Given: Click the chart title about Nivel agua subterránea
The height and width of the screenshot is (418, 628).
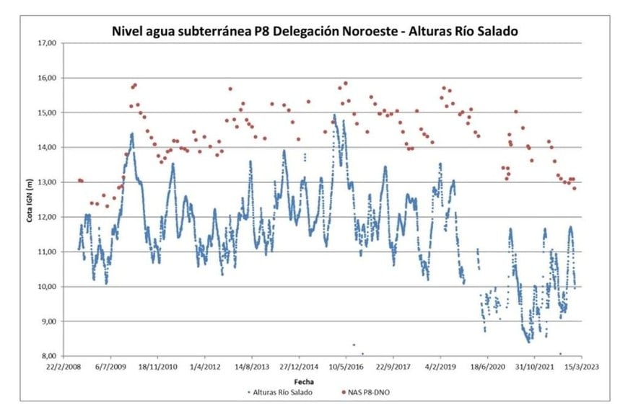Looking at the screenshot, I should pos(314,31).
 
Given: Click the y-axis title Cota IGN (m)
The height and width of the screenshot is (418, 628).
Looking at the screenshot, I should pos(31,199).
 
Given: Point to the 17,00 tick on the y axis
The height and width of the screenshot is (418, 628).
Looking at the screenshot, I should pos(46,43).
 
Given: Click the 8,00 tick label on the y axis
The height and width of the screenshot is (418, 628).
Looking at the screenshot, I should pos(48,356).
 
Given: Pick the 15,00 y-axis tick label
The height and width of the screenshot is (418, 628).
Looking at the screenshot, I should pos(46,112).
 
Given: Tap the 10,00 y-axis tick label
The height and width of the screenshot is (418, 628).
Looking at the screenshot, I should pos(46,286).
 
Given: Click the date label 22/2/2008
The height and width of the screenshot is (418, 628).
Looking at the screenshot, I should pos(64,367).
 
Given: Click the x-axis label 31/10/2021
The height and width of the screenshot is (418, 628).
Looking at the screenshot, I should pos(535,367).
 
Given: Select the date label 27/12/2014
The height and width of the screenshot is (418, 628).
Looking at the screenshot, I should pos(299,367).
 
